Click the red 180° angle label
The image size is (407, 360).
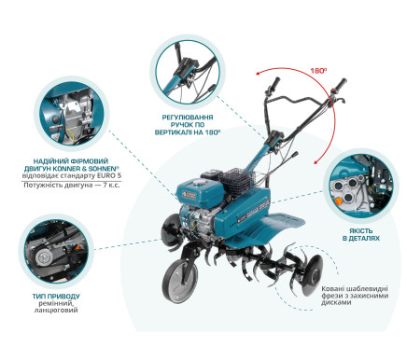coord(318,71)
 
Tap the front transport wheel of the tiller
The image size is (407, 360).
coord(180,280)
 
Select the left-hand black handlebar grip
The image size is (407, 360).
coord(274,84)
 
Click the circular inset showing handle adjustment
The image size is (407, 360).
coord(187,71)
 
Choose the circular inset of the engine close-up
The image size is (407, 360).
coord(72,115)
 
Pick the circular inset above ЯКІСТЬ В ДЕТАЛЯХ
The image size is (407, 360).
coord(361,186)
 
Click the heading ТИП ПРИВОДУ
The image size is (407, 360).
coord(57,297)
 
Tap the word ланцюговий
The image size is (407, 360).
coord(56,310)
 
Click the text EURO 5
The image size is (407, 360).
coord(108,176)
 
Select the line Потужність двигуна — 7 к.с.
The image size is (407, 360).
coord(72,186)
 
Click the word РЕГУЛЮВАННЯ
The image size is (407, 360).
coord(188,118)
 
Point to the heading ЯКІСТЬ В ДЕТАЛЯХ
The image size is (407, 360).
coord(361,235)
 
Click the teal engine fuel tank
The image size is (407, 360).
coord(200,190)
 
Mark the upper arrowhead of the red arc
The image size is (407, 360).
coord(259,74)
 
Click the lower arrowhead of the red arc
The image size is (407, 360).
coord(316,161)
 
